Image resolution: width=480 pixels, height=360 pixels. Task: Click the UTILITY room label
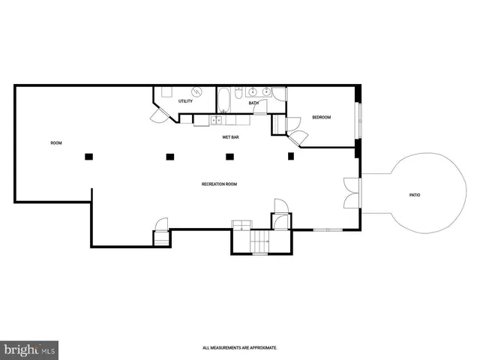[185, 101]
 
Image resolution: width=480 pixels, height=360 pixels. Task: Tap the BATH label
[253, 103]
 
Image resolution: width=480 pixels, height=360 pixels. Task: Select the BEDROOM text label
[321, 118]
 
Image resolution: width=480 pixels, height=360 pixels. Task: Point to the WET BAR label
[230, 138]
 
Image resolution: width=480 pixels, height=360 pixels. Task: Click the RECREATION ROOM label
[219, 184]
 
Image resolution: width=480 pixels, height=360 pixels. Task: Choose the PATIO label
[414, 195]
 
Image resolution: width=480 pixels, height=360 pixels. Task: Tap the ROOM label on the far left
[55, 143]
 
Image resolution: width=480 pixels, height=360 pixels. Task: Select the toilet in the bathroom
[238, 94]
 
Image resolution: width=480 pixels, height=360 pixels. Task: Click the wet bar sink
[217, 119]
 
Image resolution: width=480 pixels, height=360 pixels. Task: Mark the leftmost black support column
[88, 156]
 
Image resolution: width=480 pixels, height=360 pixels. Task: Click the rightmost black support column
[291, 156]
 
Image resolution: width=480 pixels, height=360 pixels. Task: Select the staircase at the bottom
[259, 242]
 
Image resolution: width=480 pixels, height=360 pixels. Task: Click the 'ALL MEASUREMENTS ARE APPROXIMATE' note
[240, 348]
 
